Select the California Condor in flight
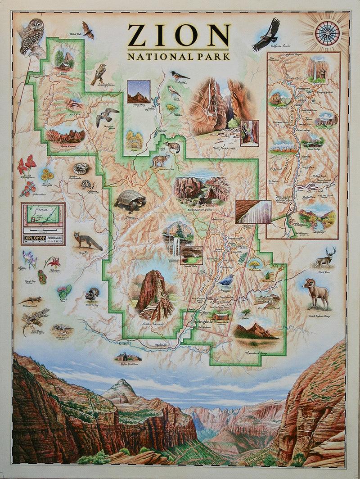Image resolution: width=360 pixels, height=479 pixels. point(267,34)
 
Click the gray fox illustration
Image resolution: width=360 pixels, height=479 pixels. point(87,241)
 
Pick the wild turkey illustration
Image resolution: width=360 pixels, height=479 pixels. point(92,294)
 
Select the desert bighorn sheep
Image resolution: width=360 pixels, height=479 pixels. point(316,292)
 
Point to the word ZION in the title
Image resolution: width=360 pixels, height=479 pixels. point(179,36)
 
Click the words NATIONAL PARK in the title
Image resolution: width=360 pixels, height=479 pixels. point(179,57)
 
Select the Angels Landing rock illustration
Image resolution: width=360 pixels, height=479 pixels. point(153,294)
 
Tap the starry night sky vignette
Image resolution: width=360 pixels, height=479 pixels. point(138,91)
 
